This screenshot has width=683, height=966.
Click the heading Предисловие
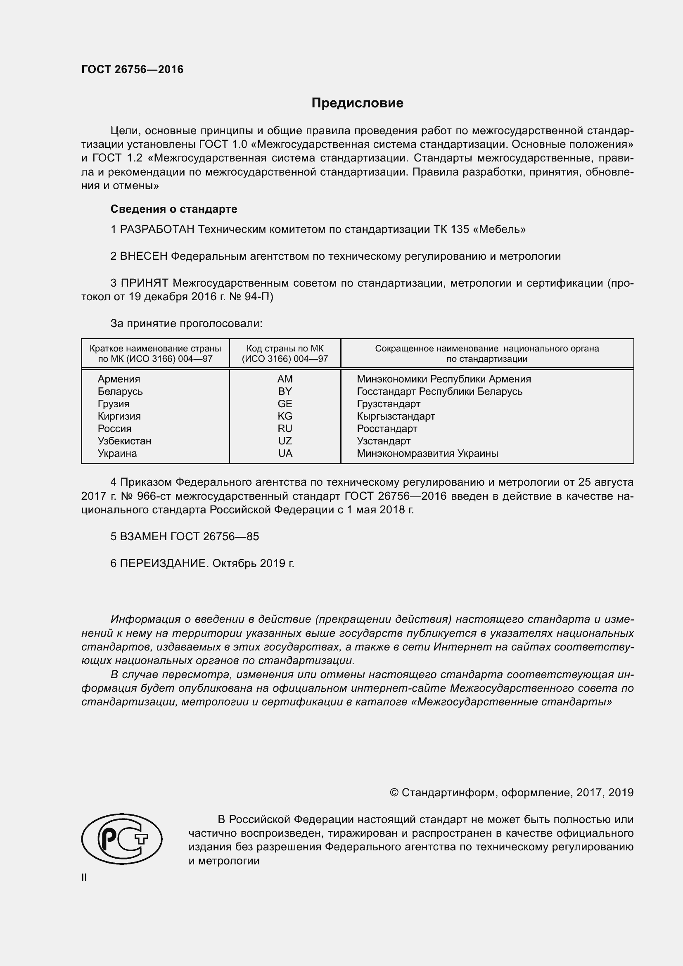pyautogui.click(x=357, y=103)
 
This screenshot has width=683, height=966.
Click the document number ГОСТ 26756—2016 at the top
pyautogui.click(x=132, y=69)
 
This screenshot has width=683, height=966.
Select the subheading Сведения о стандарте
pyautogui.click(x=174, y=209)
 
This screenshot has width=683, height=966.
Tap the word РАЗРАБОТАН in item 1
pyautogui.click(x=157, y=229)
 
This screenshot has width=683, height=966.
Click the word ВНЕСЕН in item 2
pyautogui.click(x=144, y=256)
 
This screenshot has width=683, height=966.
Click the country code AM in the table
pyautogui.click(x=285, y=379)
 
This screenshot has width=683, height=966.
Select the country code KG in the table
pyautogui.click(x=285, y=416)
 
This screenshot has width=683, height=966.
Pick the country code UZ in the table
pyautogui.click(x=285, y=441)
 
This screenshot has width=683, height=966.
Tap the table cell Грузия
pyautogui.click(x=114, y=404)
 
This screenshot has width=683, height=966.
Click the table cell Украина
pyautogui.click(x=117, y=453)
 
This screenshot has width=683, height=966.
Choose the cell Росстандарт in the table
pyautogui.click(x=387, y=429)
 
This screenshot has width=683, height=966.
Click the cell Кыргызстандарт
pyautogui.click(x=396, y=416)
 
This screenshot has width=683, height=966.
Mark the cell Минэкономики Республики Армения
pyautogui.click(x=443, y=379)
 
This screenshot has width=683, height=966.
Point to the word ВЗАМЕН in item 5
pyautogui.click(x=143, y=536)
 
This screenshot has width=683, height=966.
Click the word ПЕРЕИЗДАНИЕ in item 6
pyautogui.click(x=164, y=563)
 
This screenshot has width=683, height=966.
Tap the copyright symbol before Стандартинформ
pyautogui.click(x=394, y=793)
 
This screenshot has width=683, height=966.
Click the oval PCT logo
pyautogui.click(x=121, y=839)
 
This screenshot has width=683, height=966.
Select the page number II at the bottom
pyautogui.click(x=84, y=878)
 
